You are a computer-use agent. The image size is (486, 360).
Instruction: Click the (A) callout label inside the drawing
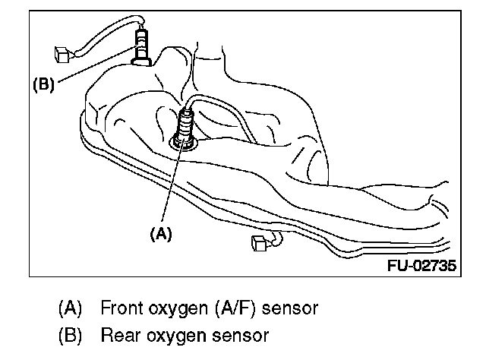pyautogui.click(x=161, y=235)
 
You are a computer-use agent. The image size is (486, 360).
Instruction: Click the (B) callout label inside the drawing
pyautogui.click(x=43, y=85)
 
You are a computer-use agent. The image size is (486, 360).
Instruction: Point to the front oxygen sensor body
pyautogui.click(x=185, y=123)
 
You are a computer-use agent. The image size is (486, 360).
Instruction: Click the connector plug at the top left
pyautogui.click(x=64, y=55)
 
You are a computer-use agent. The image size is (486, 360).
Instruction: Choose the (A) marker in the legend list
pyautogui.click(x=71, y=309)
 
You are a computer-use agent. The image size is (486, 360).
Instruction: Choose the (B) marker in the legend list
pyautogui.click(x=71, y=335)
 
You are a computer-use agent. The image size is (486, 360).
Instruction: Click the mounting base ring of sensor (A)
pyautogui.click(x=183, y=141)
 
